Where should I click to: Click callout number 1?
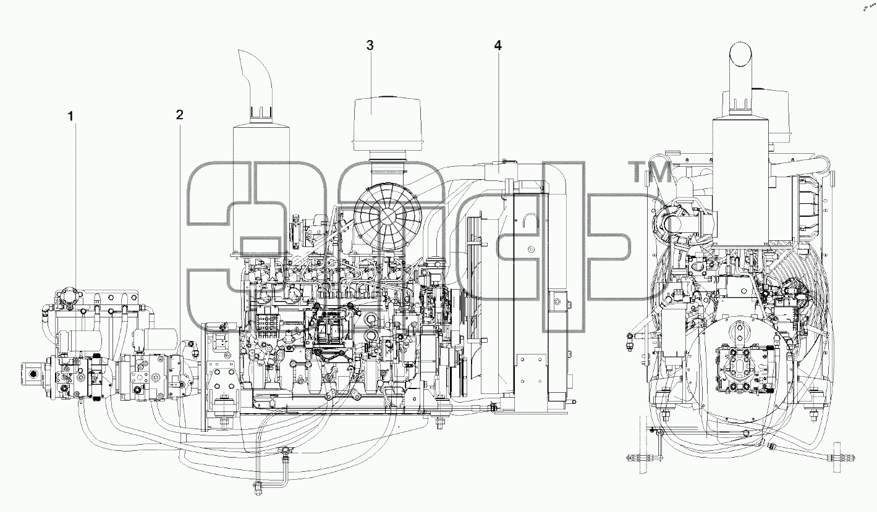tap(71, 117)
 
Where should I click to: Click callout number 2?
tap(179, 115)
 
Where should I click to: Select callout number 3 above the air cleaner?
tap(370, 45)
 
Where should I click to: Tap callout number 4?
tap(498, 46)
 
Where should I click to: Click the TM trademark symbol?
tap(650, 172)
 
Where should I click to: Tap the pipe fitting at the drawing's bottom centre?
tap(258, 488)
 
